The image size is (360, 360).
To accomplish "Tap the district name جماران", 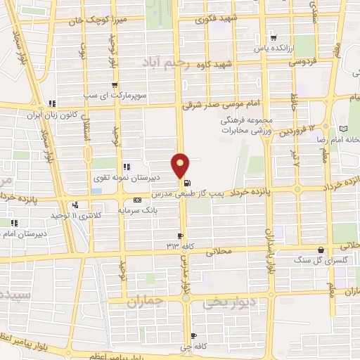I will (146, 300).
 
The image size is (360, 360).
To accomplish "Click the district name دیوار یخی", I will (226, 303).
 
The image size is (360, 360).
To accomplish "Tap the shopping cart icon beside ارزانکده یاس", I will (273, 38).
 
